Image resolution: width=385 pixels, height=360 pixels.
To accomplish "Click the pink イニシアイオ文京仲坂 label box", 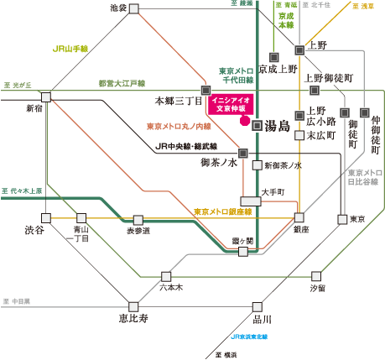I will pyautogui.click(x=231, y=104).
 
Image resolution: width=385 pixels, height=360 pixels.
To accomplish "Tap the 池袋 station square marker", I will pyautogui.click(x=133, y=8).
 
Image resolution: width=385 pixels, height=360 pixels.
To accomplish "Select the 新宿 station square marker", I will pyautogui.click(x=46, y=97).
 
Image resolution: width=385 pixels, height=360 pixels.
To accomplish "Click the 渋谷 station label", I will pyautogui.click(x=34, y=230).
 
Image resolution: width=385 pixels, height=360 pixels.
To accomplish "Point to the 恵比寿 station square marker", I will pyautogui.click(x=133, y=306).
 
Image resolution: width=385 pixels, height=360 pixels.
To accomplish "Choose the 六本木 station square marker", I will pyautogui.click(x=166, y=276).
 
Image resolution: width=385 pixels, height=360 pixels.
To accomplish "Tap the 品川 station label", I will pyautogui.click(x=263, y=319).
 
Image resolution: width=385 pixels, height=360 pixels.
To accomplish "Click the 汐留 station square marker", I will pyautogui.click(x=316, y=276).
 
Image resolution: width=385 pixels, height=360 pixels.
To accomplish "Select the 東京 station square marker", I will pyautogui.click(x=342, y=219).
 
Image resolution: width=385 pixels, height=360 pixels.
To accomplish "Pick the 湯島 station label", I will pyautogui.click(x=279, y=126).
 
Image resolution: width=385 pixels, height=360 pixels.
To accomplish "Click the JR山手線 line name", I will pyautogui.click(x=70, y=49).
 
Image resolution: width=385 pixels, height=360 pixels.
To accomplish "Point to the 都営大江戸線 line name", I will pyautogui.click(x=122, y=83).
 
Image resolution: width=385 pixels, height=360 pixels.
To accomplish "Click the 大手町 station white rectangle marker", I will pyautogui.click(x=250, y=201).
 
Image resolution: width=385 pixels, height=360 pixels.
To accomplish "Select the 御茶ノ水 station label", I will pyautogui.click(x=219, y=162).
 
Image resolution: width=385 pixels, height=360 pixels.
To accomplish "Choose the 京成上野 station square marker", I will pyautogui.click(x=274, y=57).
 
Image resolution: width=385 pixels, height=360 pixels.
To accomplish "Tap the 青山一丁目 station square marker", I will pyautogui.click(x=81, y=217).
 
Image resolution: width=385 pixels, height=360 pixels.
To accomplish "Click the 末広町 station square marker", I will pyautogui.click(x=299, y=135).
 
